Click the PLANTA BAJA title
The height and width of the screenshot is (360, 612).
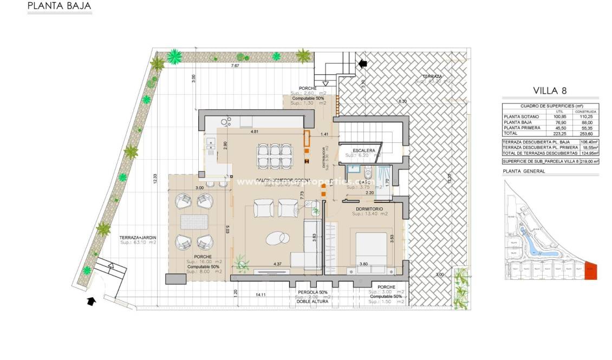59,6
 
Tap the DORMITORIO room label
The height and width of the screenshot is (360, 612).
370,208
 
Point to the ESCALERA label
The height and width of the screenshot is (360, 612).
363,150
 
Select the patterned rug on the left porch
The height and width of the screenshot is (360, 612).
194,221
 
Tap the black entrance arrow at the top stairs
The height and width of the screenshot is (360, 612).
362,63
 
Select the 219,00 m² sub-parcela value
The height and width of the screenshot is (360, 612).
589,161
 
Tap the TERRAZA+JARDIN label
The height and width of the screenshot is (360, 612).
138,237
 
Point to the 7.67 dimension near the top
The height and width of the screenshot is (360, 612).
235,66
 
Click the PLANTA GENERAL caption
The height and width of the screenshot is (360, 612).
524,171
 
